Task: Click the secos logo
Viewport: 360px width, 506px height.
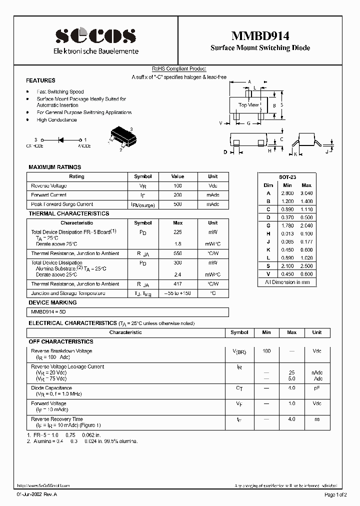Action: coord(95,36)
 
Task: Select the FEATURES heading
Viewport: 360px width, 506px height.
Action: coord(40,80)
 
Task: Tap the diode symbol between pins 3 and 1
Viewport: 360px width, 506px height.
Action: coord(61,140)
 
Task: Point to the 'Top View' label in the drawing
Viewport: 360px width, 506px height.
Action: coord(248,105)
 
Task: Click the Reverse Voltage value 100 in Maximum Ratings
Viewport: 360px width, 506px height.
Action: coord(177,186)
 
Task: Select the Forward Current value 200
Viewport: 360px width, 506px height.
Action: coord(177,195)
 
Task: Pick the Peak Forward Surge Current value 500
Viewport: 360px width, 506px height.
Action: coord(177,204)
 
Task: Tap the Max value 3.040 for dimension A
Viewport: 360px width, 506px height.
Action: coord(306,193)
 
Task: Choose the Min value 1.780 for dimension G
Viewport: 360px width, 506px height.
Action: coord(287,225)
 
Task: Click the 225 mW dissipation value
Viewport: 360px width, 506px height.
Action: coord(177,232)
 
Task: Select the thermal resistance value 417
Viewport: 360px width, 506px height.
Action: coord(177,284)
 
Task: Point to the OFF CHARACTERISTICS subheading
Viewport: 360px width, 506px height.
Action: coord(61,341)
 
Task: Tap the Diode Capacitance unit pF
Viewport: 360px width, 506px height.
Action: coord(316,388)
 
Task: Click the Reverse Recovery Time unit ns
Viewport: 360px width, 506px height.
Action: coord(316,419)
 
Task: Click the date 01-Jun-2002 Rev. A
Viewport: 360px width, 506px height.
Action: coord(37,494)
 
